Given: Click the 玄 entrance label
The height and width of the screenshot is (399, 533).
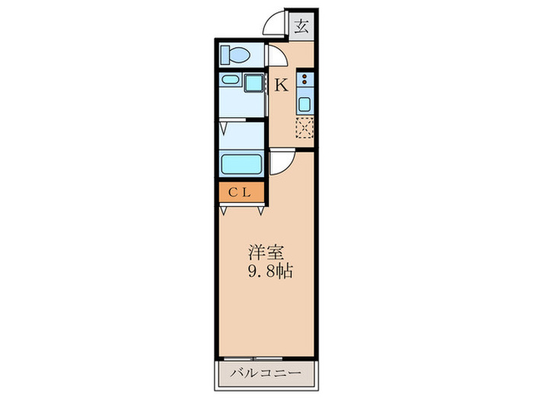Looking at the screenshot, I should [301, 27].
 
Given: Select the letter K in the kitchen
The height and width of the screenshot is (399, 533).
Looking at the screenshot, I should [281, 85].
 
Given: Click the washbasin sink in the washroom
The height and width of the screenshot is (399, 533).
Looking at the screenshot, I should [229, 80].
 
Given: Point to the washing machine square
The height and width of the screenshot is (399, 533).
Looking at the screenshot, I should [252, 82].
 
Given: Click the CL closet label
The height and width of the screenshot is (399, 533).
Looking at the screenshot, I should [241, 192].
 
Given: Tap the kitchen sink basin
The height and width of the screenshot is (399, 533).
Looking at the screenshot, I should [304, 103].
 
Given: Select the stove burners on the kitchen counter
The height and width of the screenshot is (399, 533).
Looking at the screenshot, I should [304, 80].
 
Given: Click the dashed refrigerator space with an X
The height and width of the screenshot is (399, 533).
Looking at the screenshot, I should [304, 128].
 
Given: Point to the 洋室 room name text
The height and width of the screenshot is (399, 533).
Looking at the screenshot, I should [263, 252].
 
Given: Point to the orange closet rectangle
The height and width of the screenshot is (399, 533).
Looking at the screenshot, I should [241, 192].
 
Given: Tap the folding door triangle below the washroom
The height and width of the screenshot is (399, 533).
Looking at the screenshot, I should [224, 128].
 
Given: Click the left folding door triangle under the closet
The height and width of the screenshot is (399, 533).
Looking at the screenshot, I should [224, 210].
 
